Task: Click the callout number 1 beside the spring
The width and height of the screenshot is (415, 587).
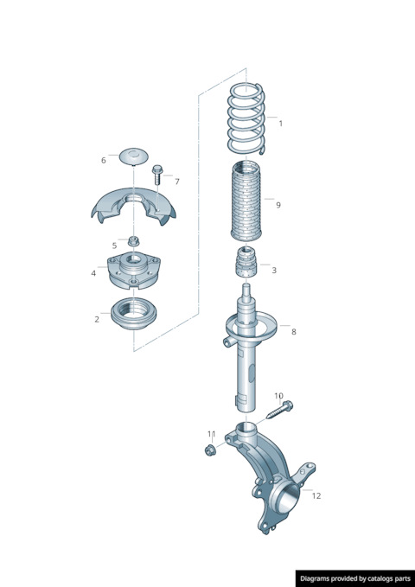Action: point(280,123)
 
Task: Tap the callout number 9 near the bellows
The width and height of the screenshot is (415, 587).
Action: point(278,205)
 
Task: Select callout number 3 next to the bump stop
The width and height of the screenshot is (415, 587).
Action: point(274,270)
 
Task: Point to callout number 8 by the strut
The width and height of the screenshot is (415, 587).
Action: point(293,332)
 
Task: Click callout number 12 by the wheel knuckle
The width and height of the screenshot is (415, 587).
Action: point(316,495)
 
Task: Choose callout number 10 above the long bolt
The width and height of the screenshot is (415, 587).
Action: point(278,396)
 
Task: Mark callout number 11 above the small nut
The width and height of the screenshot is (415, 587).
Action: point(212,434)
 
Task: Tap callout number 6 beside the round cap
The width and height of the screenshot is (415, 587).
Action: point(104,160)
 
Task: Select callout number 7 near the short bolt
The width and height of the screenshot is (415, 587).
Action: point(177,182)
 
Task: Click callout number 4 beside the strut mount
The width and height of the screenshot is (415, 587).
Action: point(93,273)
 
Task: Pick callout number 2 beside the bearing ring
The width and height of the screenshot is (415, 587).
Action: point(97,319)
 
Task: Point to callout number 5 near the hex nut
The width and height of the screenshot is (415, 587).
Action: point(114,246)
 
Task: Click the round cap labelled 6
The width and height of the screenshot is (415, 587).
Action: point(134,156)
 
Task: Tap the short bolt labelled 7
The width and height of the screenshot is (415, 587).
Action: point(157,174)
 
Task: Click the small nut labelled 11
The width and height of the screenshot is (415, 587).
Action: point(209,450)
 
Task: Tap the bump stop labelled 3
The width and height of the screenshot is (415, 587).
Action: point(246,263)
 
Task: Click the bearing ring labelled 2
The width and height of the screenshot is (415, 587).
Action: point(133,313)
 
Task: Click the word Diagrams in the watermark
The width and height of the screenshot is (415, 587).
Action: point(314,578)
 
